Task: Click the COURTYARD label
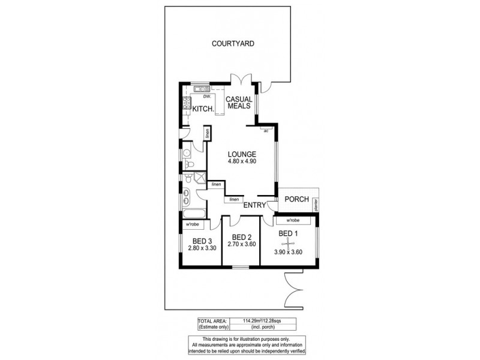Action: (x=233, y=43)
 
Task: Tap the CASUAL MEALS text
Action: (x=238, y=103)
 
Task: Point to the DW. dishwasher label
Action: (x=206, y=97)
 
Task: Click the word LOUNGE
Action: (x=241, y=154)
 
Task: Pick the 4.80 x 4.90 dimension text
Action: (x=241, y=162)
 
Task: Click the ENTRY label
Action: (x=254, y=205)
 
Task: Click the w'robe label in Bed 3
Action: (x=193, y=224)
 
